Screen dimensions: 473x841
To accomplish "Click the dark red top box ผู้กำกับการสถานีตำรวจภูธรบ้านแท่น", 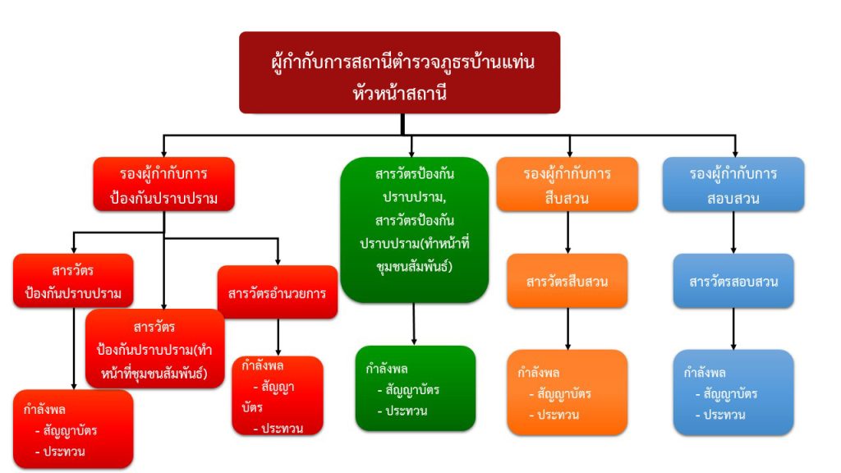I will (x=400, y=72).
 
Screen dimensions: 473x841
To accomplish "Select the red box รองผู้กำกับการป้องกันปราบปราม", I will (x=164, y=185).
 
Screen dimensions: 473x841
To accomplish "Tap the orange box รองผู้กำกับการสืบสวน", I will (x=568, y=185).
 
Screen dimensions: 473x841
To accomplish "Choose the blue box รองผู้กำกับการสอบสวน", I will (x=734, y=185).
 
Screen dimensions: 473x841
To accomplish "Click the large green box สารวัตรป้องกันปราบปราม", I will (x=414, y=229).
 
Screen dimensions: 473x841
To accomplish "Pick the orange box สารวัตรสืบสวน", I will (x=568, y=281).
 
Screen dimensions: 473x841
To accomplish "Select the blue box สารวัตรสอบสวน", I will (x=734, y=281).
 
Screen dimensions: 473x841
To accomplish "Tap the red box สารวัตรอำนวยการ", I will (x=278, y=292).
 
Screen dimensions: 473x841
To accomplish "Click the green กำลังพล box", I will (x=416, y=388).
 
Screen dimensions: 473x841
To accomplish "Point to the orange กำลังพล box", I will (x=568, y=393).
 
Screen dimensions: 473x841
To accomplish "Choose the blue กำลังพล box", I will (x=734, y=393).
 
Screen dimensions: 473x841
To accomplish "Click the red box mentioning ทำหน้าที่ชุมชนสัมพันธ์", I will (x=155, y=347).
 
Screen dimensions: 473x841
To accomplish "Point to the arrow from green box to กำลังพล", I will (x=414, y=324).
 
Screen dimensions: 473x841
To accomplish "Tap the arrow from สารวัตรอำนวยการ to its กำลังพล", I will (x=278, y=337).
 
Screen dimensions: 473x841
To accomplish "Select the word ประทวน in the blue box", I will (x=724, y=414).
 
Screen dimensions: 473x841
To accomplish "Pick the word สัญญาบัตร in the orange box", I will (x=564, y=393).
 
